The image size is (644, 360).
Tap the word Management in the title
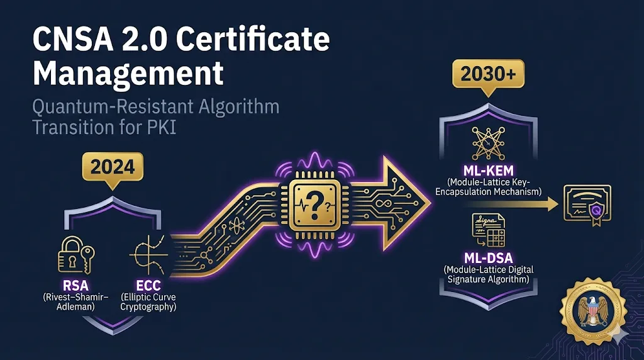[128, 73]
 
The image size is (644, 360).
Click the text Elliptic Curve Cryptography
[147, 301]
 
